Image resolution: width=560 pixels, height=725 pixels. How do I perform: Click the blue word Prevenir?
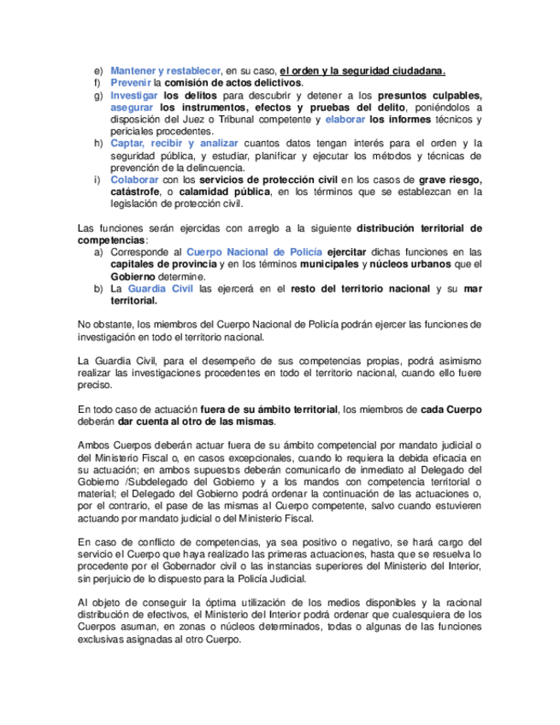click(130, 82)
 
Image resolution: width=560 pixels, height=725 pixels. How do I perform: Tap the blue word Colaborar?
click(135, 179)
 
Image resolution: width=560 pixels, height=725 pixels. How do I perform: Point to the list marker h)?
click(97, 143)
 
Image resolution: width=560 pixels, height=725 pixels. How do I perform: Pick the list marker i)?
click(97, 179)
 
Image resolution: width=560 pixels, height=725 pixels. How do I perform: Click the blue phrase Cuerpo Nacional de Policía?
click(254, 251)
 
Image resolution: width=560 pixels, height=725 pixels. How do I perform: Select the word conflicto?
click(145, 542)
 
